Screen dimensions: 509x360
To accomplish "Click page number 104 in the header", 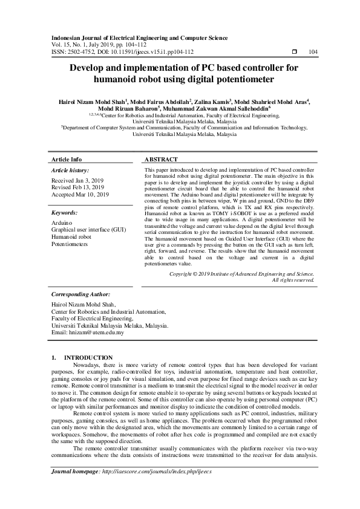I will point(313,53).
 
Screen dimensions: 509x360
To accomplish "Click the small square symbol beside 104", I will point(294,53).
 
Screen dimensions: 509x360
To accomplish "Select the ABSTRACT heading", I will point(162,160).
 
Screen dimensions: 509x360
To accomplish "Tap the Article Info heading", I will point(67,160).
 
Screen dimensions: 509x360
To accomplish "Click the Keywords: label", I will point(64,213).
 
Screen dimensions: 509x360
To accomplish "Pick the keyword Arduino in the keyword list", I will point(62,223).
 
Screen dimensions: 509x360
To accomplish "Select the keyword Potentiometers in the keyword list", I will point(70,244).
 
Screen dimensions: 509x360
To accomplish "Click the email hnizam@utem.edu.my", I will point(97,332).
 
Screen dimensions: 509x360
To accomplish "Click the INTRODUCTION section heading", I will point(88,358).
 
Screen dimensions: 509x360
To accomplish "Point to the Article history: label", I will point(70,171).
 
